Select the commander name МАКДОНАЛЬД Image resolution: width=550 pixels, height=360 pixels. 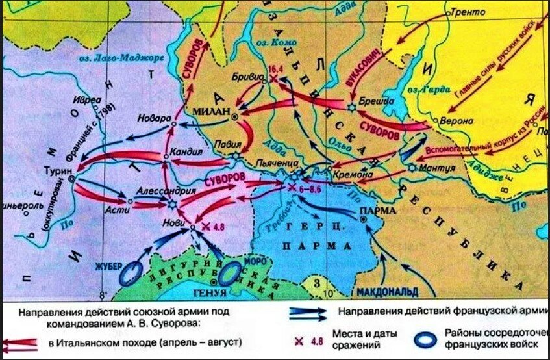pyautogui.click(x=386, y=287)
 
